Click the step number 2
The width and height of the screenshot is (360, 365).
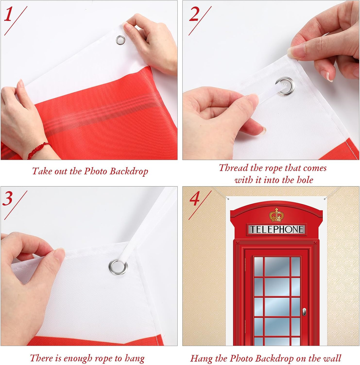pos(194,14)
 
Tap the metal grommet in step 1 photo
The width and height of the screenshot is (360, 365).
pos(121,40)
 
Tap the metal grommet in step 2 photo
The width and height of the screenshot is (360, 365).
pos(285,86)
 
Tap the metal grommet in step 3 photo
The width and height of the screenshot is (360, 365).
pos(118,267)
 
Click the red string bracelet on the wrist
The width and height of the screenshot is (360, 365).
pos(38,150)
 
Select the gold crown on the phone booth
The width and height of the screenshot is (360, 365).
pos(276,215)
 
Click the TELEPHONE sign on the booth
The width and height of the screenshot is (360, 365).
pos(276,229)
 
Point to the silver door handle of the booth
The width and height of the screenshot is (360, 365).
pos(304,312)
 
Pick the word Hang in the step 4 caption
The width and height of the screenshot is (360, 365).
pos(201,358)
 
